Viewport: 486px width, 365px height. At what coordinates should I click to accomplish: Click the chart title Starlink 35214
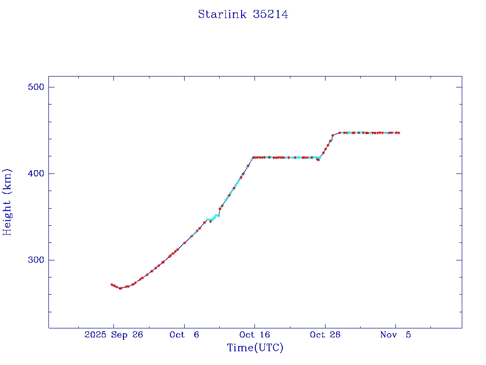point(243,15)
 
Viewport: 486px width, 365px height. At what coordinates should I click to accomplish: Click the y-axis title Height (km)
point(7,202)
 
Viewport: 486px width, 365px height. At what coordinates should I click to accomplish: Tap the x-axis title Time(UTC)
point(255,348)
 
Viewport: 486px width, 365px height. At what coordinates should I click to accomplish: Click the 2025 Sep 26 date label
point(113,335)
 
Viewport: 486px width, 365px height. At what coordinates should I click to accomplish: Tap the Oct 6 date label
point(184,335)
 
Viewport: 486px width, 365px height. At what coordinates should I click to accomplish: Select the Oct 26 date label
point(325,335)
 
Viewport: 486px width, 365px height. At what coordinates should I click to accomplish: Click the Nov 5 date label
point(395,335)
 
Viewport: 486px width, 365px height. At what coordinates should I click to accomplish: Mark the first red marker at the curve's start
point(112,285)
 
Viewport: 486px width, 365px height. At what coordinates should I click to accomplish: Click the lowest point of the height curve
point(120,288)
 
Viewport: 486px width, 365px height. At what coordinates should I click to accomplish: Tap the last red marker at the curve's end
point(399,133)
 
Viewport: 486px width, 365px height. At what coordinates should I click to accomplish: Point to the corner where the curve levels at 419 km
point(253,157)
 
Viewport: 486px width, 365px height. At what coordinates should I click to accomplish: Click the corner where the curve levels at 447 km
point(339,133)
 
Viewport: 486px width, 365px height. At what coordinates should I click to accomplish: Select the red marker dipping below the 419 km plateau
point(318,160)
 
